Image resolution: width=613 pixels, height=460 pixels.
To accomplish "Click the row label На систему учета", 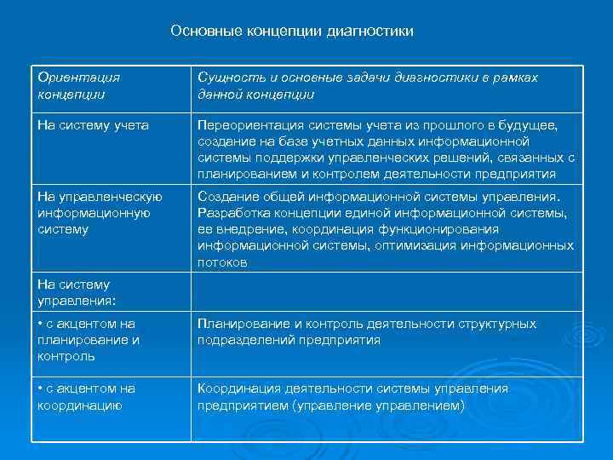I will tap(93, 126).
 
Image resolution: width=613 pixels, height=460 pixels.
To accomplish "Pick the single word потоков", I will tap(222, 262).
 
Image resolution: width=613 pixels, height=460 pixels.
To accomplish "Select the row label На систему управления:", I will tap(74, 292).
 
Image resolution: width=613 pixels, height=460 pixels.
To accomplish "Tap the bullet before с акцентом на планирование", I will tap(41, 325).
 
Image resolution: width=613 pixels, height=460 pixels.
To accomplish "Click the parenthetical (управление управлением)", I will tap(378, 405).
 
